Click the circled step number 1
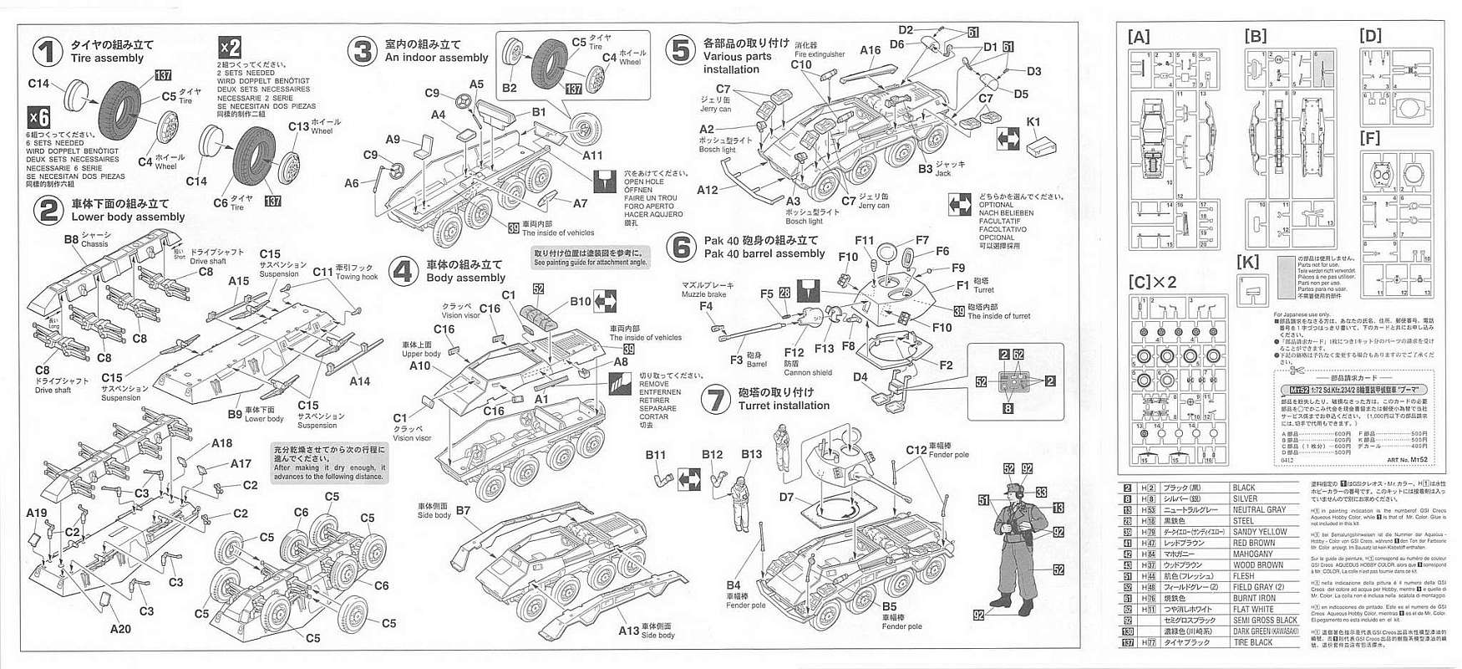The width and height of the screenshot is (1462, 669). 48,52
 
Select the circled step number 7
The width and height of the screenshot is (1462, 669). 716,399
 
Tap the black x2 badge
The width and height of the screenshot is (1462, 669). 230,48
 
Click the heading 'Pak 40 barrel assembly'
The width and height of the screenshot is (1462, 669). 764,253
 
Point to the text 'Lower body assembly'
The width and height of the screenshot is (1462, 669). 128,217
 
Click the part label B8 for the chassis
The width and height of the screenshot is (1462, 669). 71,239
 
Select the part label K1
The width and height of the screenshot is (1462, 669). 1033,122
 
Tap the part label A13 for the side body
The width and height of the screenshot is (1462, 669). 628,631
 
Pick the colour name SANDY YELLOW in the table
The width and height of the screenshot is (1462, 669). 1260,532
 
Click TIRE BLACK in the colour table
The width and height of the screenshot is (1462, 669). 1252,642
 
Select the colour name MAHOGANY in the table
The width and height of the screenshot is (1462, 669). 1252,554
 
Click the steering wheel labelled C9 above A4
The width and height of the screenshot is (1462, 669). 461,102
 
